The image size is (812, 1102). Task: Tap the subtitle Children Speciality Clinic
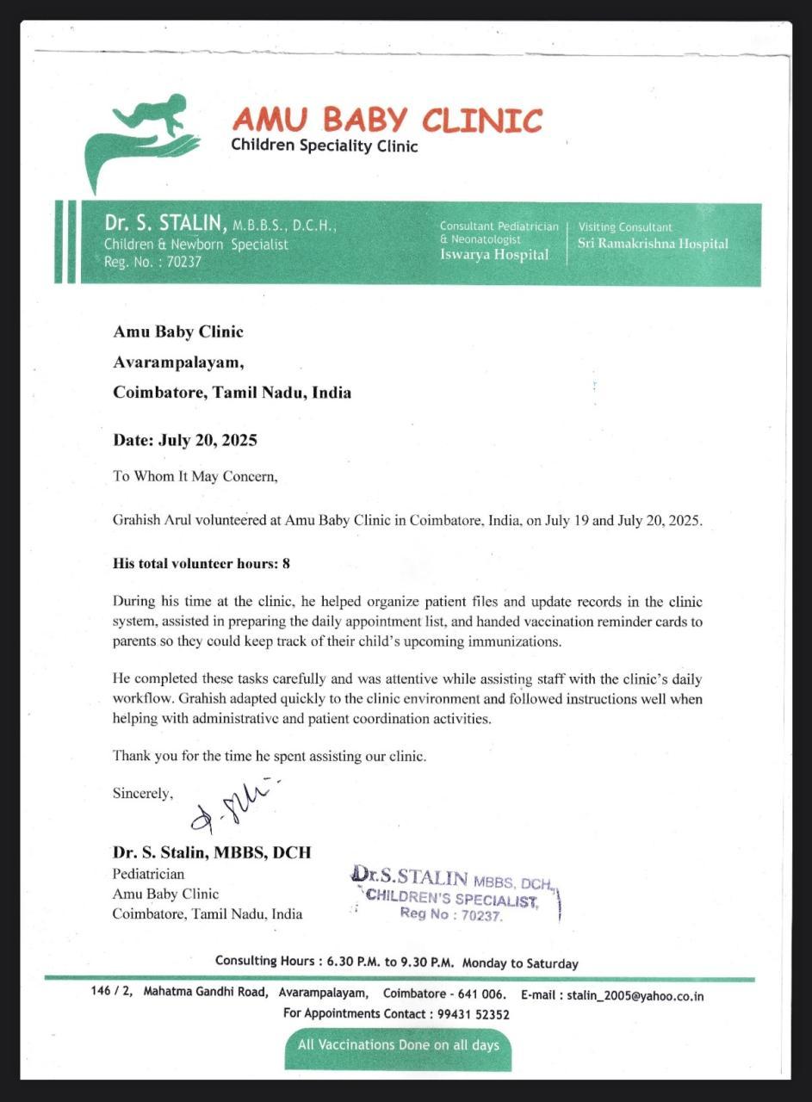click(324, 145)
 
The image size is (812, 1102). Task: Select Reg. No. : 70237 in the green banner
click(152, 262)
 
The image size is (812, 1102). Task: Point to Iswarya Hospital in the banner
click(493, 254)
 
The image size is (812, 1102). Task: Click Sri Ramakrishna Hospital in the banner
click(653, 244)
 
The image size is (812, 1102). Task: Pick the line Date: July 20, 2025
click(185, 440)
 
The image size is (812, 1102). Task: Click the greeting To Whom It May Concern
click(195, 475)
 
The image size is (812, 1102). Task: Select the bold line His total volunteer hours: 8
click(201, 564)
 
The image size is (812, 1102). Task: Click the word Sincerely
click(143, 793)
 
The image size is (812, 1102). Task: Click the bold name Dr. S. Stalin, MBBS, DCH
click(212, 852)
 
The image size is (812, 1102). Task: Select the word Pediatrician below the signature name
click(148, 874)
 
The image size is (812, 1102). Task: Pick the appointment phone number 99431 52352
click(473, 1014)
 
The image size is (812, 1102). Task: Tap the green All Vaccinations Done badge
click(399, 1045)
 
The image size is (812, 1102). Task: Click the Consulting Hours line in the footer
click(396, 963)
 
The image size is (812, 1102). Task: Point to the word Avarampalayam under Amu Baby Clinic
click(172, 362)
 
